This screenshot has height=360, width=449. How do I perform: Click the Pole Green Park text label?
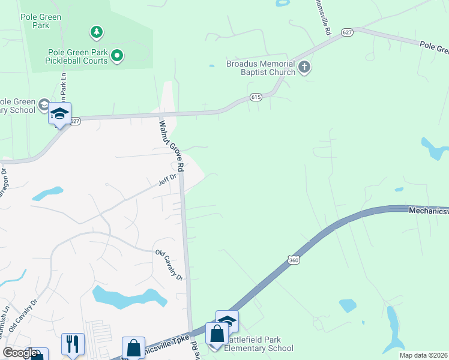pos(41,22)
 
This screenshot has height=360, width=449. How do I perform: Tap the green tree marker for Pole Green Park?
pos(95,31)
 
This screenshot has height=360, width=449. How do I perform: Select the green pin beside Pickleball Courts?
pos(118,56)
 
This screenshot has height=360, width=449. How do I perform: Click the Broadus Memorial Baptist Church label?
pos(261,68)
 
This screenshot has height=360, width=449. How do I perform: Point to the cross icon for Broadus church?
pos(304,67)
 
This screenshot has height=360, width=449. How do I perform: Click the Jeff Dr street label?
pos(167,178)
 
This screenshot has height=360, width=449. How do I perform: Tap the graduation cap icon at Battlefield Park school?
pos(227,321)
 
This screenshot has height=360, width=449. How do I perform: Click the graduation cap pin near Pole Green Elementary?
pos(59,113)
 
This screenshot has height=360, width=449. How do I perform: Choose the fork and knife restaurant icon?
pos(73,344)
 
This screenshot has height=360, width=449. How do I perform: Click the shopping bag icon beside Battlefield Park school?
pos(216,334)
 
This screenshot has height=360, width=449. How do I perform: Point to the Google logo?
pos(20,352)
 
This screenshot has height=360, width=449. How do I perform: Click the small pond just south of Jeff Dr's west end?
pos(47,194)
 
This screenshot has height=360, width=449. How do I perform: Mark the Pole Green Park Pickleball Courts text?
pos(77,56)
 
